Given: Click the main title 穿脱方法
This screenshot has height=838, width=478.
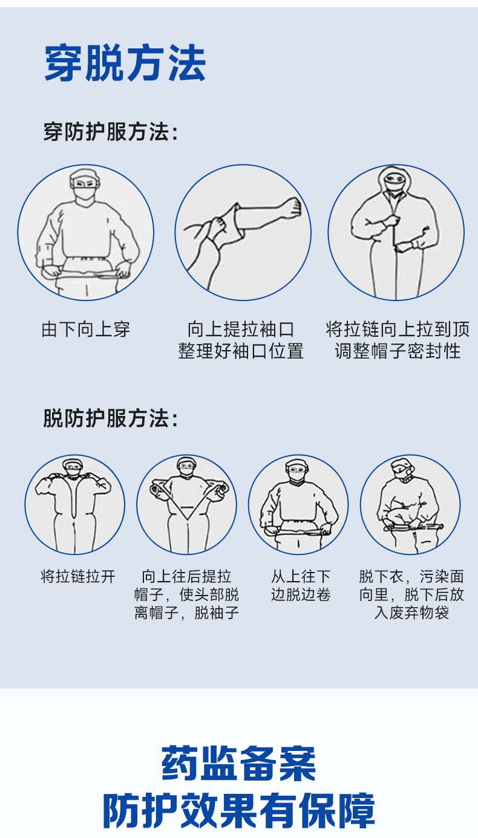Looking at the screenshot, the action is (125, 63).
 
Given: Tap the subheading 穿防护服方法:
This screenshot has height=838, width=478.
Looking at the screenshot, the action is (111, 132).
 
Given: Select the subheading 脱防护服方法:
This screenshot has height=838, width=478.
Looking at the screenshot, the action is (111, 418).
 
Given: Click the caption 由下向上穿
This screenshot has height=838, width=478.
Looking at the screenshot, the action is (86, 330).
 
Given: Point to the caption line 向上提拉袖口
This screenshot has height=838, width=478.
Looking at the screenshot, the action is (241, 329).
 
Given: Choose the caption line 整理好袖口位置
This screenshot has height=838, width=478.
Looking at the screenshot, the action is (241, 351).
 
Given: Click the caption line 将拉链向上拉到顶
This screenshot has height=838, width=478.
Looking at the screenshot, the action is (398, 329).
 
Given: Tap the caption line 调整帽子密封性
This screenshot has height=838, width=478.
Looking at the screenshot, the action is (398, 351).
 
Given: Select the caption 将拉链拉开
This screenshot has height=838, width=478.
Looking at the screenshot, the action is (78, 576).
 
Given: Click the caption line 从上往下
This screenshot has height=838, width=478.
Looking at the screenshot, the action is (301, 576).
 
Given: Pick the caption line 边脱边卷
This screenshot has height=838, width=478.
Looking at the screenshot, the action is (301, 594).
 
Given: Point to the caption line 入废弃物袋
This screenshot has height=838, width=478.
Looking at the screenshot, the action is (411, 613).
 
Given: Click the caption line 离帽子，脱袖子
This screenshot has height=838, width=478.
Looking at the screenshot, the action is (186, 613).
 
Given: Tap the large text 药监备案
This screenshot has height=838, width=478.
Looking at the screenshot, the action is (239, 763).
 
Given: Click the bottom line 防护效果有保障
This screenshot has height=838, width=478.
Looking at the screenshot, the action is (239, 810).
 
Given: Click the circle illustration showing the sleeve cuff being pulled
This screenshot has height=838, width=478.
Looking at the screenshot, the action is (243, 232).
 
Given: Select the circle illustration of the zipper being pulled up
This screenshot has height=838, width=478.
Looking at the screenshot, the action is (396, 232).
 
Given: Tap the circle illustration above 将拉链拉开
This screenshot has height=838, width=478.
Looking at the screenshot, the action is (75, 505).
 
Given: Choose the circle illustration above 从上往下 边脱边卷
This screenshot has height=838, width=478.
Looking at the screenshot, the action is (298, 505).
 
